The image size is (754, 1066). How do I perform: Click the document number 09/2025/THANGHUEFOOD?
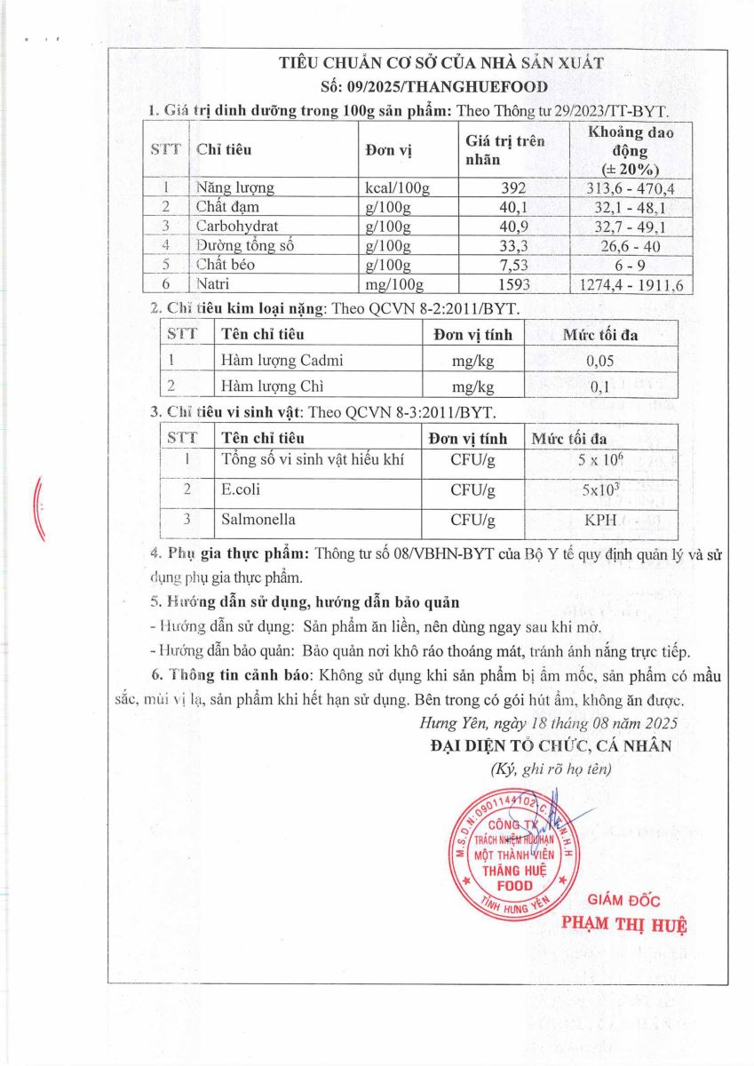434,86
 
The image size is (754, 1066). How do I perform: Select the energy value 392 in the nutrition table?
513,188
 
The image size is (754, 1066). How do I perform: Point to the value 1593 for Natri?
513,284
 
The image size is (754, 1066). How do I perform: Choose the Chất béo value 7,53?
513,265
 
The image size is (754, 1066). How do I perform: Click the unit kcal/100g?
397,188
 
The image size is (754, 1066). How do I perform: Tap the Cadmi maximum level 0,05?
600,361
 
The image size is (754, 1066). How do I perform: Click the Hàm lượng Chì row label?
270,386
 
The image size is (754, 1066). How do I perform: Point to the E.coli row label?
241,489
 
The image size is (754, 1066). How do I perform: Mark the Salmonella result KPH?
600,521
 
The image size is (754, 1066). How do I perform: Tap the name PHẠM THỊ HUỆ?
625,923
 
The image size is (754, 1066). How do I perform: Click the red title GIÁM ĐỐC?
625,901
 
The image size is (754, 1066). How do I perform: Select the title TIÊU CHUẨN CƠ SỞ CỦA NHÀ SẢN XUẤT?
441,63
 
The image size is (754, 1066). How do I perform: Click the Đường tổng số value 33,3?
513,245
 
